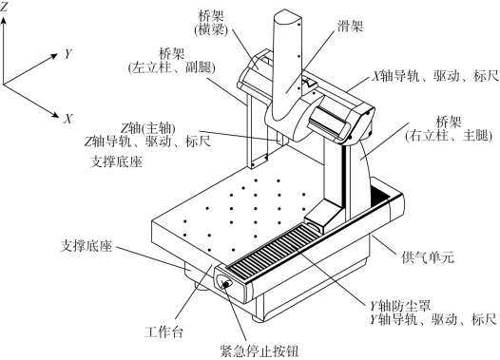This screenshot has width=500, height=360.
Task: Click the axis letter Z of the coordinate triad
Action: pos(4,7)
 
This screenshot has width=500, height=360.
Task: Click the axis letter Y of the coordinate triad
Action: pos(67,54)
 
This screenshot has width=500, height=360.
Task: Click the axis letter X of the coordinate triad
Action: pos(67,119)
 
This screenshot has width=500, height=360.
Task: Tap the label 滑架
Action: pos(350,27)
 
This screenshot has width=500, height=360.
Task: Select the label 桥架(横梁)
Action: pos(211,23)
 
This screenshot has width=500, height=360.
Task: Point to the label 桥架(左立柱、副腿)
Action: pos(171,61)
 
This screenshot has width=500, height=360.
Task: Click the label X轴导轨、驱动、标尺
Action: pos(435,76)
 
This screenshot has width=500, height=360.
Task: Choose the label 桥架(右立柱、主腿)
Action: pos(449,129)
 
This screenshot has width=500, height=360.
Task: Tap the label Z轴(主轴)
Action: pos(148,128)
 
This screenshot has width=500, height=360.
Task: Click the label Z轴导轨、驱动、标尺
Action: pos(147,142)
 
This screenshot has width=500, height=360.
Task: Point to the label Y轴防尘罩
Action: pos(400,306)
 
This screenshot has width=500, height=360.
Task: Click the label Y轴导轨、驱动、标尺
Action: pos(433,319)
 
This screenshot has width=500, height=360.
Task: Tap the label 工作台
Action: pos(163,332)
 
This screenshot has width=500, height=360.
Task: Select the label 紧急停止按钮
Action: pos(260,351)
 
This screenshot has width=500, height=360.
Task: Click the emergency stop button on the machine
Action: pos(225,283)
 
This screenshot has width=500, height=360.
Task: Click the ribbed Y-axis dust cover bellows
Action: pos(274,250)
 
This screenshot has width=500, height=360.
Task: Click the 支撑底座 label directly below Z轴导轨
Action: pos(116,161)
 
